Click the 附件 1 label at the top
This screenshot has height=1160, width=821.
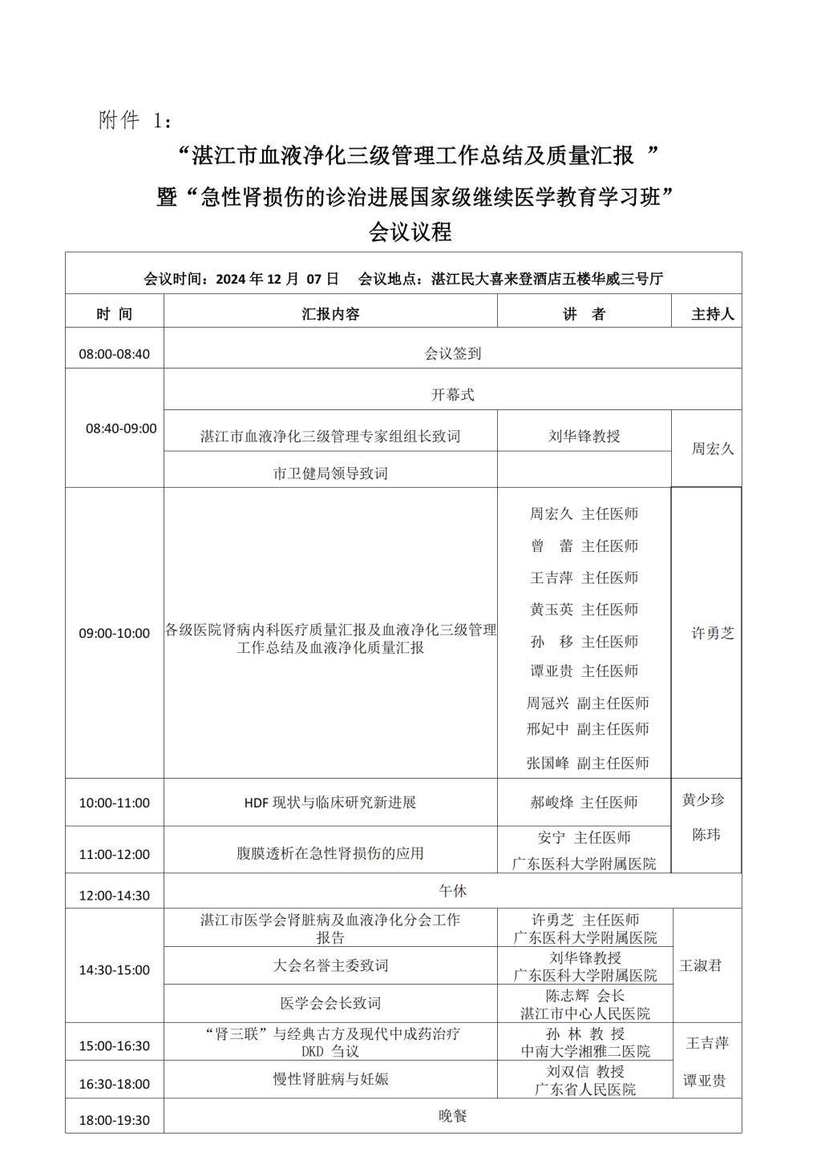134,121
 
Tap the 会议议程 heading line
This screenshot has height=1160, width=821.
410,232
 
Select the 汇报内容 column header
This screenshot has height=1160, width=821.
330,314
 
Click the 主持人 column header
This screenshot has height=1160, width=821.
712,314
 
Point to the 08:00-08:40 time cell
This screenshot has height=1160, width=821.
114,354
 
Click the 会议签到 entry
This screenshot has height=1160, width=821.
452,353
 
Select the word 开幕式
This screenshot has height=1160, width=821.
452,395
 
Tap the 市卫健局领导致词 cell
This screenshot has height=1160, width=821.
330,473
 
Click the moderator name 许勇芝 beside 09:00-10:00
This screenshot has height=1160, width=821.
712,633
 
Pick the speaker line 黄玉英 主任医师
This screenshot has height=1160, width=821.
584,610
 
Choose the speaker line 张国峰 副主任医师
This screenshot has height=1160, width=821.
587,763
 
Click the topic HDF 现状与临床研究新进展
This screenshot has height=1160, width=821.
330,802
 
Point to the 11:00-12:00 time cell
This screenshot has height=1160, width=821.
114,854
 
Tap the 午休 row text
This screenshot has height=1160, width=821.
452,891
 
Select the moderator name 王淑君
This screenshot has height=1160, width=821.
700,965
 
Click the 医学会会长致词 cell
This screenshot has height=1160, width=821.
330,1003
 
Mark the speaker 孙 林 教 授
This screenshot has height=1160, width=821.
585,1033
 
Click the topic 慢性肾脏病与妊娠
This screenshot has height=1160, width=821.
330,1079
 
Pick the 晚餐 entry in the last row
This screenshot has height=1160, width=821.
452,1116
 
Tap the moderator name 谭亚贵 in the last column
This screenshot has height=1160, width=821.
704,1081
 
